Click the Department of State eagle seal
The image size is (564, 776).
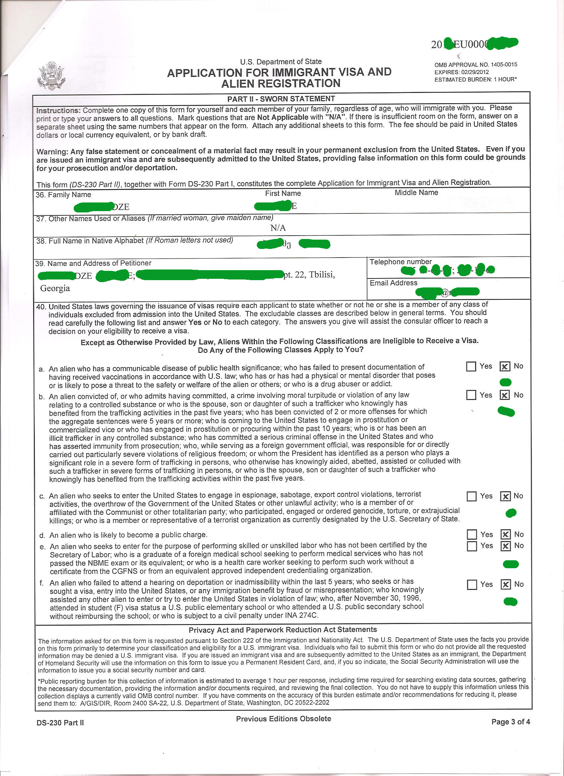coord(51,76)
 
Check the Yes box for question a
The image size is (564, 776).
coord(471,366)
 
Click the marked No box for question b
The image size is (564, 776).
coord(505,395)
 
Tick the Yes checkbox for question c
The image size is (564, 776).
coord(472,496)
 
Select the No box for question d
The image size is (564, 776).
coord(505,534)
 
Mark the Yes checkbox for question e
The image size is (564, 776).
coord(472,546)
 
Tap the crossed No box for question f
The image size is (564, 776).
coord(505,584)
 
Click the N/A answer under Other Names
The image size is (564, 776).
coord(278,228)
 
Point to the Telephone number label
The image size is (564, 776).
coord(400,262)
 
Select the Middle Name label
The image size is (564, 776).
coord(416,193)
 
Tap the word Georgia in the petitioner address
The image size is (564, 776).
coord(55,288)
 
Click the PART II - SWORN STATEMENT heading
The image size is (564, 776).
coord(281,99)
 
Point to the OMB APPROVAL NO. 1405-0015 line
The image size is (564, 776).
coord(475,65)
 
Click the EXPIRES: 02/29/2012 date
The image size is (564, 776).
coord(461,72)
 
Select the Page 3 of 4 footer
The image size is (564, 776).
coord(510,722)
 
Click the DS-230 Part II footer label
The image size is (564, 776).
coord(60,723)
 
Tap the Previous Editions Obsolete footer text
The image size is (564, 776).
coord(283,719)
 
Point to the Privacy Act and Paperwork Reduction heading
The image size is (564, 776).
coord(283,630)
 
